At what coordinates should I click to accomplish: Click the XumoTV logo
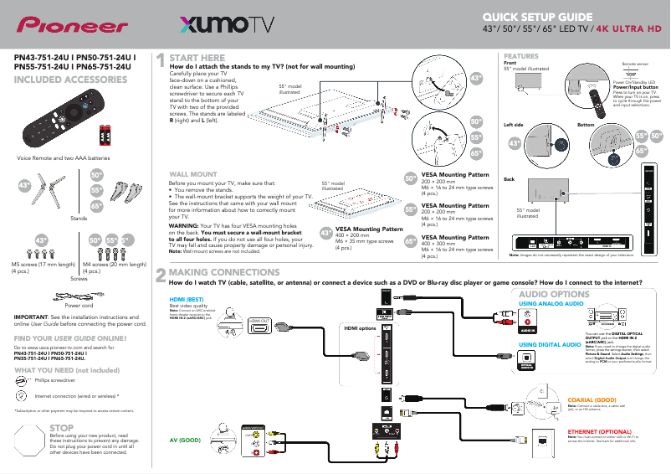[x=224, y=25]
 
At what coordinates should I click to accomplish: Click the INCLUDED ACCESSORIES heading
[x=71, y=80]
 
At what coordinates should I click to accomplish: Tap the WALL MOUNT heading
[x=194, y=173]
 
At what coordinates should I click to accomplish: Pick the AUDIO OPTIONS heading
[x=554, y=295]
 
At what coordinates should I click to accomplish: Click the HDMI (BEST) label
[x=187, y=299]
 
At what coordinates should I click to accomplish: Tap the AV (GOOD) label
[x=185, y=439]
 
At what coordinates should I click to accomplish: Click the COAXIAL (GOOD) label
[x=593, y=401]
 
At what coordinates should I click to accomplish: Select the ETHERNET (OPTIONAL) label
[x=599, y=431]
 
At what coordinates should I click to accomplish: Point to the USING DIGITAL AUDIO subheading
[x=549, y=345]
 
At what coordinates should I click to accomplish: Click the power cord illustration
[x=77, y=295]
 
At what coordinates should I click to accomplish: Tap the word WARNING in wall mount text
[x=183, y=226]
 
